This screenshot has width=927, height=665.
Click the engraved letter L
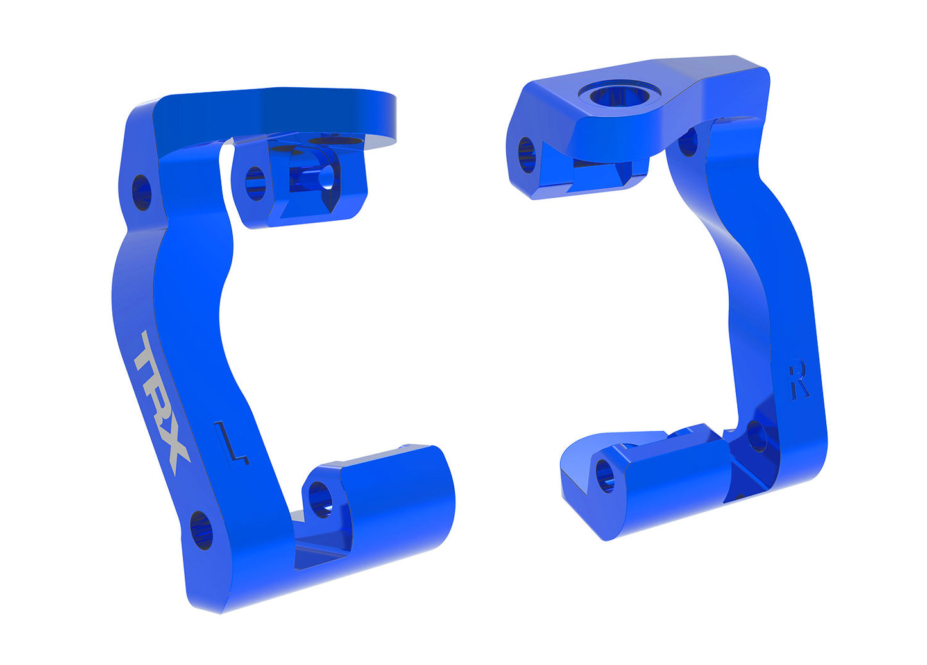(x=232, y=442)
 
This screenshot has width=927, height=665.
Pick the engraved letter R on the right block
(x=799, y=380)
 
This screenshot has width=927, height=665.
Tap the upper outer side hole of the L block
(x=141, y=191)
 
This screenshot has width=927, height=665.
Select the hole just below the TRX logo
(x=201, y=530)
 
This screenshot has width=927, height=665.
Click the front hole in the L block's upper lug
(x=255, y=182)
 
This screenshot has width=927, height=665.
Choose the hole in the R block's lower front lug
(x=605, y=475)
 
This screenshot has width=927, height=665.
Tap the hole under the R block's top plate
(x=688, y=142)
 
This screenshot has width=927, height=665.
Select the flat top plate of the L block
(x=276, y=116)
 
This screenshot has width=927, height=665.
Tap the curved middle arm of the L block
(x=173, y=276)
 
